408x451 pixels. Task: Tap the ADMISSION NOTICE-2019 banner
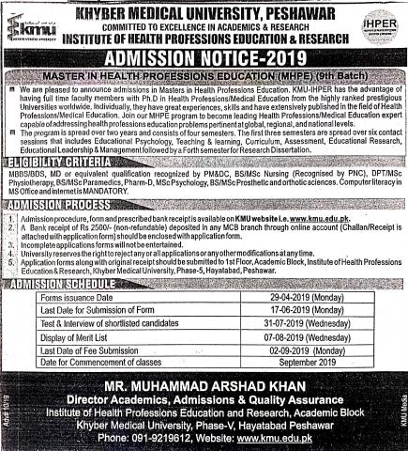tap(204, 58)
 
